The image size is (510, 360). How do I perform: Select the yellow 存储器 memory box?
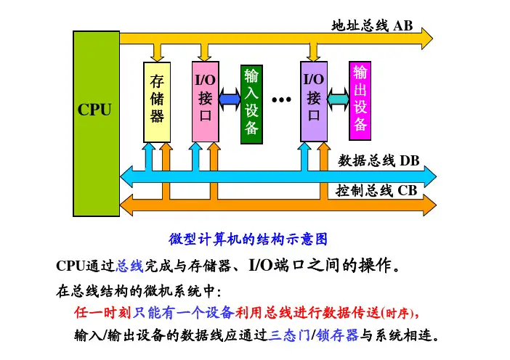tap(158, 102)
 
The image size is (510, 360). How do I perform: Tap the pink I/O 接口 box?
tap(205, 102)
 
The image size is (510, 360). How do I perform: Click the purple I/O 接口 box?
tap(314, 102)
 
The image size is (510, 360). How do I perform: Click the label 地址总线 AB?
tap(372, 26)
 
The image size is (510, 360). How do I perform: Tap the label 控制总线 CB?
tap(376, 191)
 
